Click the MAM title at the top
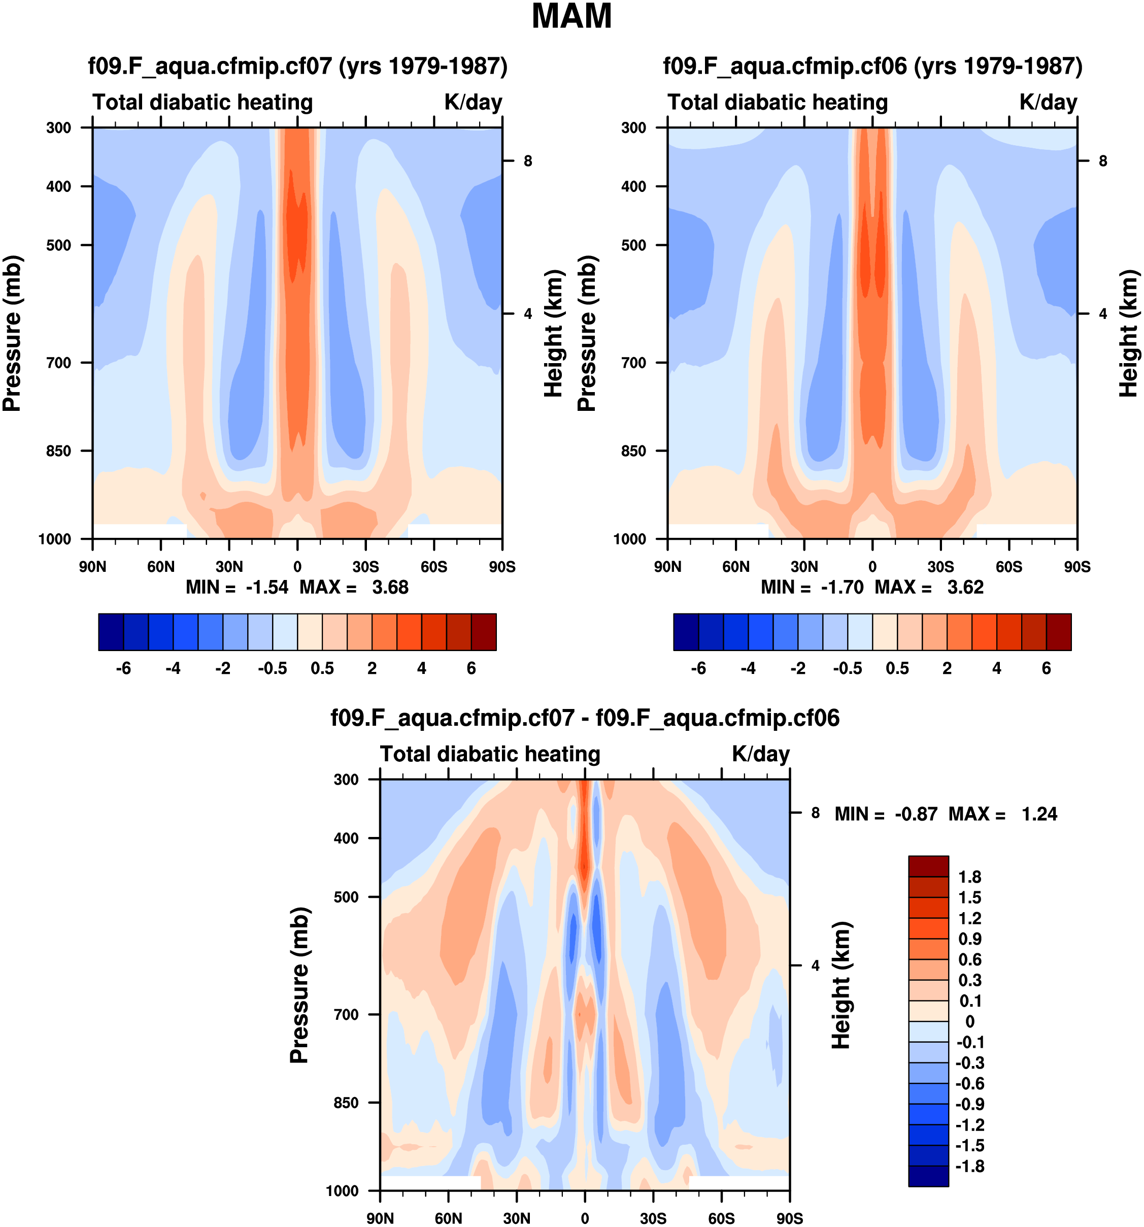tap(571, 17)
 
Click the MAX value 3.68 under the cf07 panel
tap(390, 587)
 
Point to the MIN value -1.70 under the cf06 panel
tap(842, 587)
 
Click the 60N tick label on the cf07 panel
tap(161, 567)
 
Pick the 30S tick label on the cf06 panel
tap(940, 567)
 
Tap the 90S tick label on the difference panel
tap(789, 1218)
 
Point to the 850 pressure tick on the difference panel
tap(346, 1103)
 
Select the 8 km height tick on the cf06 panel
tap(1103, 161)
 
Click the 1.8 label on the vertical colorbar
tap(969, 877)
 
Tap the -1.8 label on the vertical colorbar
tap(969, 1167)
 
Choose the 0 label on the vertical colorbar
tap(969, 1021)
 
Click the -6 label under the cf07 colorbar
tap(123, 668)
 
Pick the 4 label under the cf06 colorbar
tap(997, 668)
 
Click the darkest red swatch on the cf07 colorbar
tap(484, 632)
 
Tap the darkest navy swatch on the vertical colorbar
tap(928, 1176)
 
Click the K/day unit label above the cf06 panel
tap(1048, 103)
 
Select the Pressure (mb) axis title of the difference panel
tap(299, 986)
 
